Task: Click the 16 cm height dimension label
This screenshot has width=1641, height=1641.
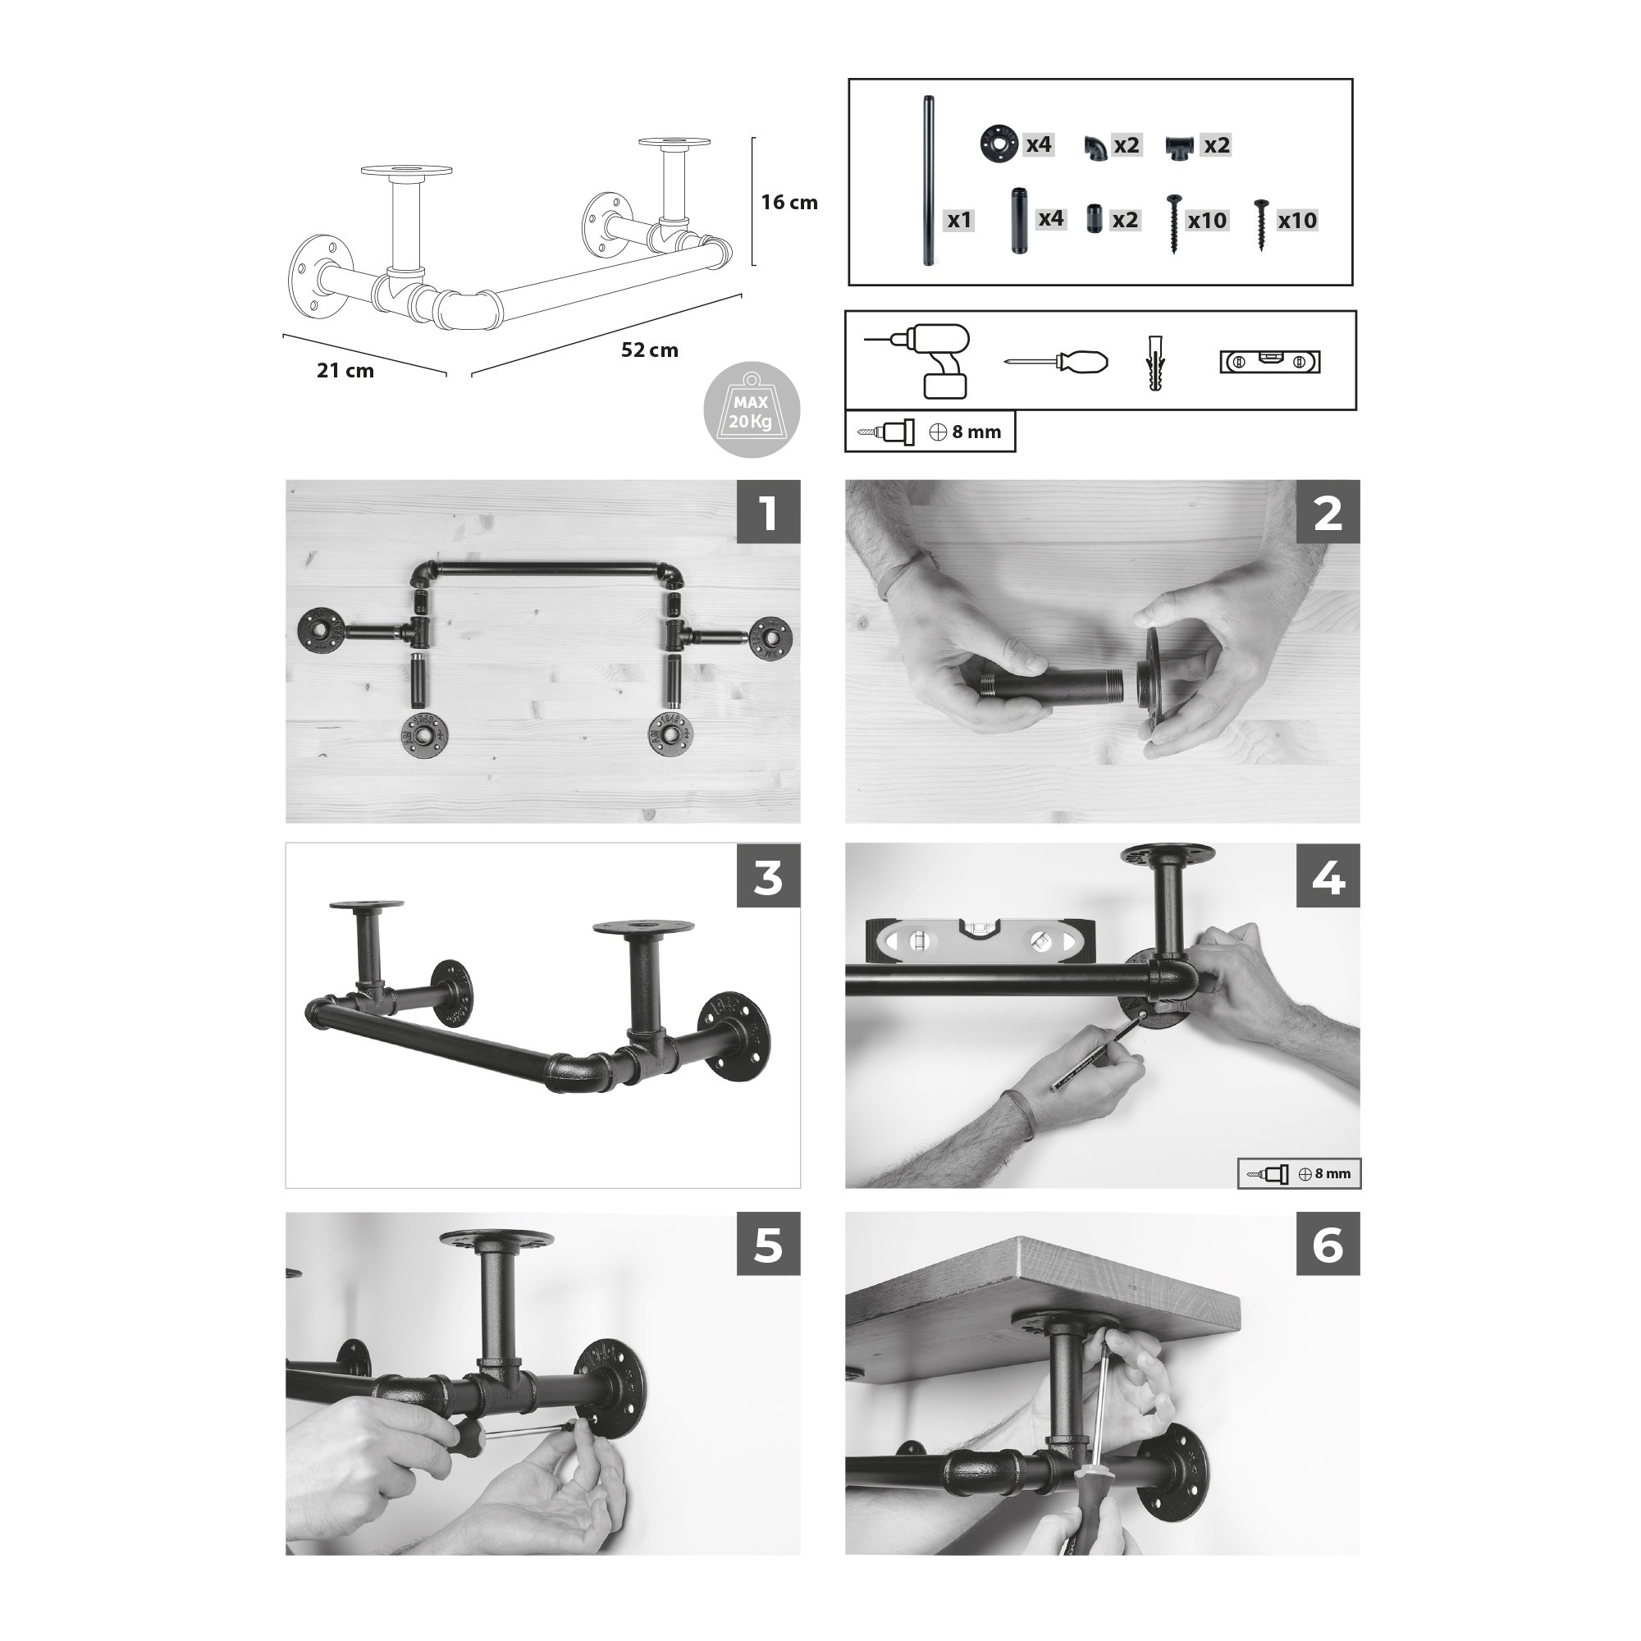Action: pyautogui.click(x=789, y=203)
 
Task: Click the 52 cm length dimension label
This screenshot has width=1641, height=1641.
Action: pyautogui.click(x=650, y=350)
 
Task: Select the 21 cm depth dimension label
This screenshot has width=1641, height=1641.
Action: pyautogui.click(x=345, y=370)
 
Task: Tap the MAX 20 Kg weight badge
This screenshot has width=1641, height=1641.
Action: pyautogui.click(x=752, y=411)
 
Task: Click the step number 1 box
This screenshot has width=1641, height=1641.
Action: pyautogui.click(x=768, y=512)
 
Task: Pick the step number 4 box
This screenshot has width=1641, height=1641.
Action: pyautogui.click(x=1328, y=875)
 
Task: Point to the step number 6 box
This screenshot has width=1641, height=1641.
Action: pyautogui.click(x=1328, y=1245)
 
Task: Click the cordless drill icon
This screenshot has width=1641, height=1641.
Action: pyautogui.click(x=921, y=361)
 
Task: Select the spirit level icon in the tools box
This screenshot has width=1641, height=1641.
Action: pyautogui.click(x=1270, y=362)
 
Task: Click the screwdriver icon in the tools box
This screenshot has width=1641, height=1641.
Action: pyautogui.click(x=1056, y=362)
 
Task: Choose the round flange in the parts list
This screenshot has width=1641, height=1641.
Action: pyautogui.click(x=999, y=144)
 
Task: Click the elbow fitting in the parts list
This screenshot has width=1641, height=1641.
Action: pyautogui.click(x=1095, y=148)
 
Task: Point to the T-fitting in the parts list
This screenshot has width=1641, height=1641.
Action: pyautogui.click(x=1179, y=147)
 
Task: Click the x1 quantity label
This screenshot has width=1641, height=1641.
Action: pyautogui.click(x=959, y=221)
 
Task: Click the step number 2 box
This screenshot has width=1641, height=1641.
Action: pyautogui.click(x=1328, y=512)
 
